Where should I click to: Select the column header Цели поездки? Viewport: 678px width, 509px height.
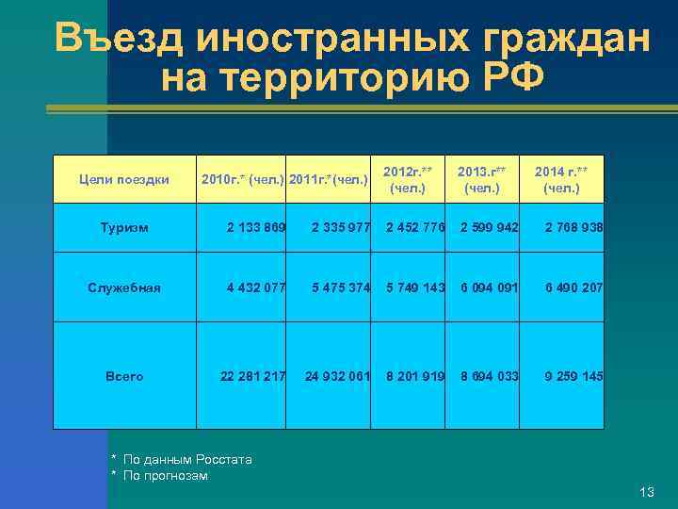(x=123, y=179)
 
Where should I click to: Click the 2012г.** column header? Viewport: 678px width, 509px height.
(x=408, y=179)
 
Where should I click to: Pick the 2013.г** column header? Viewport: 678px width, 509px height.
(x=482, y=179)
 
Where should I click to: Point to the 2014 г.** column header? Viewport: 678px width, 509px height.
(x=561, y=179)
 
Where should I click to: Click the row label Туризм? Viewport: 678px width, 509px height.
(x=124, y=228)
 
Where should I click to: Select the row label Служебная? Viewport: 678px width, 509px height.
(x=124, y=287)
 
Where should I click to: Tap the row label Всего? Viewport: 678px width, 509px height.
(x=124, y=376)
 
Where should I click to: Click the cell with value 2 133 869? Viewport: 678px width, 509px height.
(x=256, y=228)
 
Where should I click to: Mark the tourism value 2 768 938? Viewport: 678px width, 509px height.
(x=573, y=228)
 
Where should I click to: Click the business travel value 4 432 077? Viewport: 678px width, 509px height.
(x=256, y=287)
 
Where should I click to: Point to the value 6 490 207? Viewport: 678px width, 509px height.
(x=573, y=287)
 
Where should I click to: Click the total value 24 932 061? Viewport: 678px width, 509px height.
(x=337, y=376)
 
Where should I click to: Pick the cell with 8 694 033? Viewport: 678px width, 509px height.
(x=490, y=376)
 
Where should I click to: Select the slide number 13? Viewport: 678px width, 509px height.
(x=646, y=492)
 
